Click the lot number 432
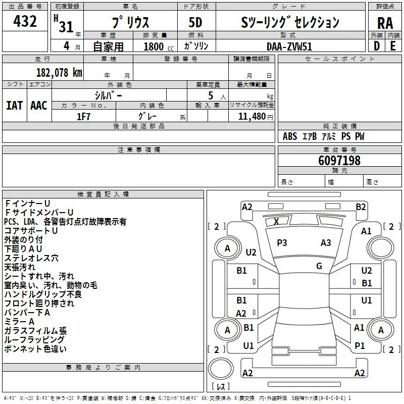coord(25,21)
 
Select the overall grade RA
coord(385,23)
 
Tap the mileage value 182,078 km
coord(59,73)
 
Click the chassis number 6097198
coord(339,160)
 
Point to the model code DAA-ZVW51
coord(289,46)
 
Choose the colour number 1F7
coord(83,117)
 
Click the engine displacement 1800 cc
coord(159,46)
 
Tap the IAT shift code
coord(15,106)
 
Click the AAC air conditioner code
coord(39,106)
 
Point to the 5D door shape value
coord(195,22)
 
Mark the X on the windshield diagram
coord(276,221)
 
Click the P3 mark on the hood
coord(282,243)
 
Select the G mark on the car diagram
coord(319,266)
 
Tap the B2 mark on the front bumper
coord(361,207)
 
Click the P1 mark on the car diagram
coord(360,346)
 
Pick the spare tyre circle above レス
coord(221,369)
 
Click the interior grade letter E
coord(393,46)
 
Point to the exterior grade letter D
coord(377,46)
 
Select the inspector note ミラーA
coord(20,322)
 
